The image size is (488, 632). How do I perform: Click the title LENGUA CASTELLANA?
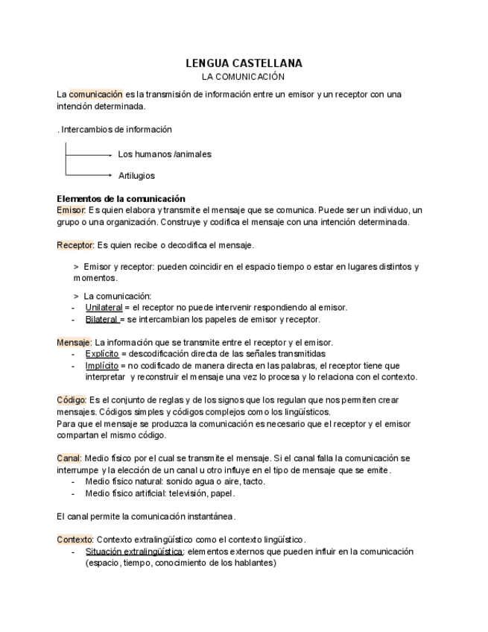tap(244, 64)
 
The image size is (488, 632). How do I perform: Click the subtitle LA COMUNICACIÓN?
tap(244, 77)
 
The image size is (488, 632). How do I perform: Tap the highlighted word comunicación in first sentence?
tap(95, 95)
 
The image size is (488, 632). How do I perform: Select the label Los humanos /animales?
tap(165, 154)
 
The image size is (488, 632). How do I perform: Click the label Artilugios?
tap(136, 176)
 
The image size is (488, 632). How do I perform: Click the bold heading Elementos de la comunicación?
tap(121, 199)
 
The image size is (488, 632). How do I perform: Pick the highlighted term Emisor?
tap(72, 211)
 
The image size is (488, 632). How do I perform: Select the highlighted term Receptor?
tap(75, 244)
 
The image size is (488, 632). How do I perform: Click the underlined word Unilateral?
tap(104, 307)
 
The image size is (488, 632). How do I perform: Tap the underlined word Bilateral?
tap(102, 319)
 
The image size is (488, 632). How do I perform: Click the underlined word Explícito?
tap(101, 354)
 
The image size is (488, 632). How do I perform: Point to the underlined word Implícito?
tap(101, 366)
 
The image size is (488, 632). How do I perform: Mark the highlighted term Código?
tap(72, 400)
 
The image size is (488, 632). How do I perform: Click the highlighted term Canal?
tap(69, 458)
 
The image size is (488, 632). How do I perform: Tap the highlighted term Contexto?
tap(75, 540)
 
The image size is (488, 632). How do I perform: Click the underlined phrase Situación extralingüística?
tap(134, 552)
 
